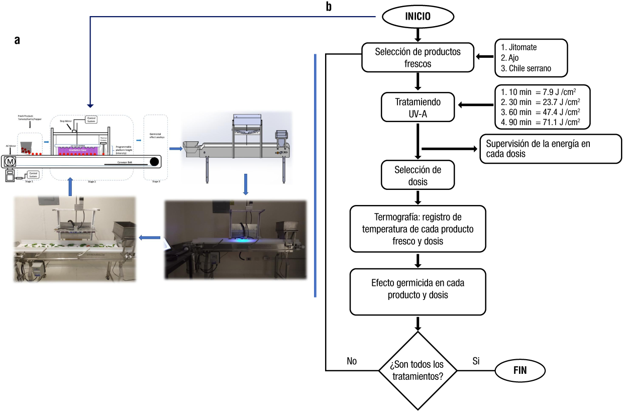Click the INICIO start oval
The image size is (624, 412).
click(418, 16)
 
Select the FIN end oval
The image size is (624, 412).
click(521, 371)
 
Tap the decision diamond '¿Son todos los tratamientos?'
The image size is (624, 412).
click(417, 371)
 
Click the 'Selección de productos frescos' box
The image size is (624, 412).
click(418, 57)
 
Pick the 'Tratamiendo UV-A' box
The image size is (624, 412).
click(418, 107)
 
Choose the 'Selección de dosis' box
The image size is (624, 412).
click(418, 176)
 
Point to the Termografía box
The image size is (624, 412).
click(418, 229)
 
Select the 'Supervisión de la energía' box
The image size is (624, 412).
click(551, 149)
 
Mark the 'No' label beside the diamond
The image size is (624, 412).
click(352, 361)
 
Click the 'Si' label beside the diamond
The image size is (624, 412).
click(477, 361)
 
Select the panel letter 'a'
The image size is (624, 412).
click(17, 41)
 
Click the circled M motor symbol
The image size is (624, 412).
click(10, 161)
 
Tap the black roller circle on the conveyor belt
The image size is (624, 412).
click(154, 162)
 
